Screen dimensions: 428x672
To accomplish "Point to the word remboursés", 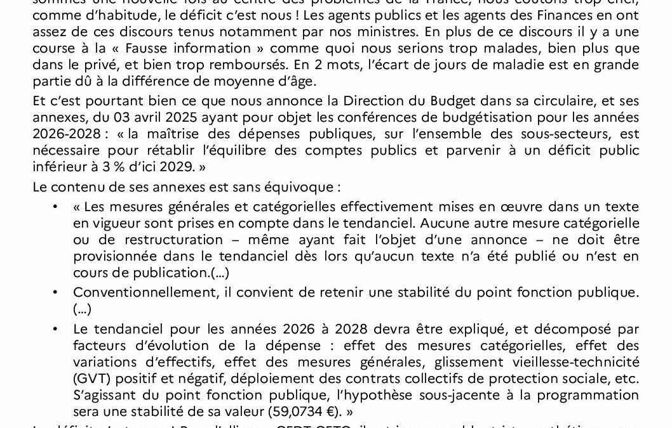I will tap(236, 65).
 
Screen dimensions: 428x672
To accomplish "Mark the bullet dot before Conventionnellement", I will tap(56, 292).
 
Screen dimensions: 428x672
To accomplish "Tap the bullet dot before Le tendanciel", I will tap(56, 329).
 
